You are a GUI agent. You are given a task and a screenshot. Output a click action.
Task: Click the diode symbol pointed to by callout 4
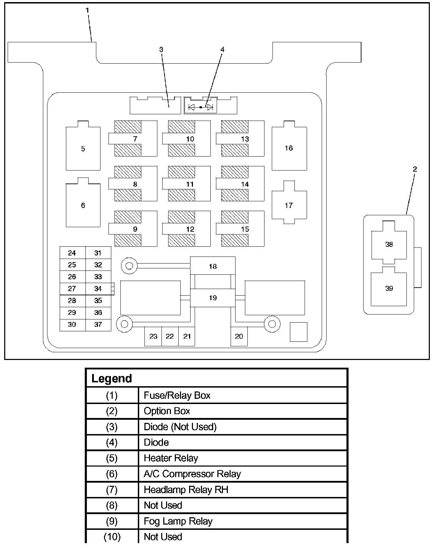(201, 107)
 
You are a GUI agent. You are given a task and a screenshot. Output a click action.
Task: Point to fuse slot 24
(73, 253)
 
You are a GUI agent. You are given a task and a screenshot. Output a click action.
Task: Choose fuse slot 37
(98, 325)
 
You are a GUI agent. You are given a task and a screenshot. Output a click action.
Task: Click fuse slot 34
(98, 289)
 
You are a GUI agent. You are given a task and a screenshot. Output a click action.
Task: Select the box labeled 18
(213, 266)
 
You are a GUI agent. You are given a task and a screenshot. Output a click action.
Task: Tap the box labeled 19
(213, 298)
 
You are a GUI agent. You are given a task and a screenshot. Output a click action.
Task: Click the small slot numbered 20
(239, 337)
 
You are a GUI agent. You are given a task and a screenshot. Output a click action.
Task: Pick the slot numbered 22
(170, 337)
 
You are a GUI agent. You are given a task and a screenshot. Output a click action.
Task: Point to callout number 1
(87, 10)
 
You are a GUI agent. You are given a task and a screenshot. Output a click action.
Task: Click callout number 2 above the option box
(415, 169)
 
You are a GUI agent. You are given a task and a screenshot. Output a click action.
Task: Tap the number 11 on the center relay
(190, 184)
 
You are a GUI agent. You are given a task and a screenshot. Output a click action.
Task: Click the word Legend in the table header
(112, 378)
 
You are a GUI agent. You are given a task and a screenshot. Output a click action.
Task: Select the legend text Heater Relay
(171, 459)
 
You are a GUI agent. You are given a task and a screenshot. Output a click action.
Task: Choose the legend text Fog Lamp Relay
(178, 521)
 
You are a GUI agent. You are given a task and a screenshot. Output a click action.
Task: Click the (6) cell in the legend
(112, 474)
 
